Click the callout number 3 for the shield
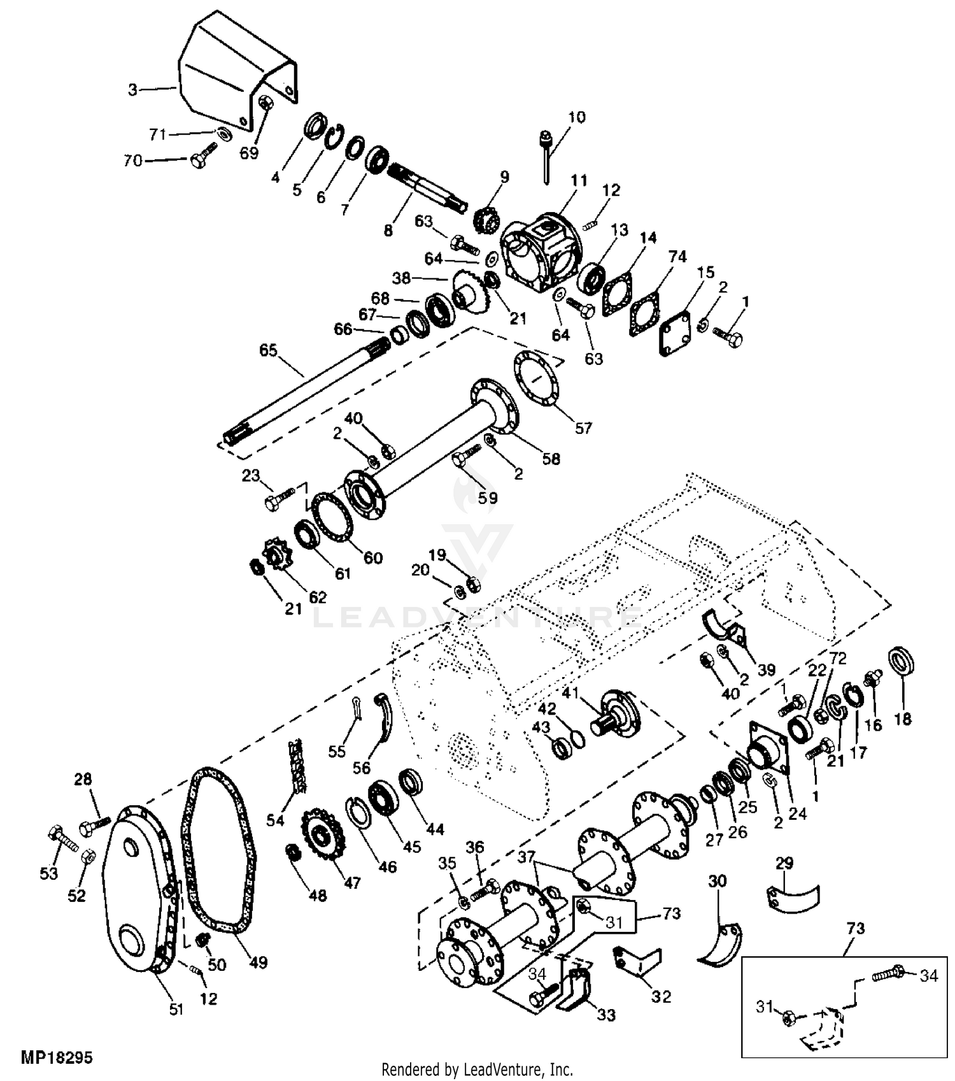(132, 90)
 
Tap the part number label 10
(577, 117)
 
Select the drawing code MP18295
(57, 1058)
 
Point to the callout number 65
(269, 350)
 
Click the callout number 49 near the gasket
(258, 962)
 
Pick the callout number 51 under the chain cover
(176, 1009)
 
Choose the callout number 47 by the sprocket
(351, 883)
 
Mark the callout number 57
(584, 428)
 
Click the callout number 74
(677, 257)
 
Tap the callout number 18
(903, 719)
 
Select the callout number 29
(784, 864)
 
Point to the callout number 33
(606, 1015)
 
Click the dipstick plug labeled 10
(546, 156)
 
